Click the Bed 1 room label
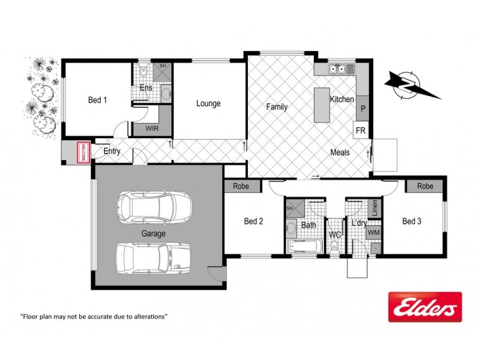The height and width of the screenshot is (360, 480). tap(97, 100)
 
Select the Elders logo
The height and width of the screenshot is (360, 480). tap(425, 307)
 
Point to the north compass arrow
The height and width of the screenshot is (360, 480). tap(409, 85)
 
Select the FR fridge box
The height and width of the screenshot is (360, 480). tap(361, 130)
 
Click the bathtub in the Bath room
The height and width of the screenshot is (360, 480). tap(304, 246)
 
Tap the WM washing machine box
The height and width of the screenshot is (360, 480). tap(373, 232)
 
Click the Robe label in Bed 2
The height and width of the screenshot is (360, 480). tap(241, 187)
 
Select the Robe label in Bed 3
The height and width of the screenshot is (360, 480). tap(425, 187)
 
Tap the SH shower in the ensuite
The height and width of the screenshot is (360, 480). tap(163, 71)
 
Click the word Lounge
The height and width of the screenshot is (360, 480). tap(208, 103)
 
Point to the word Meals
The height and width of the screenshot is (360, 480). tap(340, 152)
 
